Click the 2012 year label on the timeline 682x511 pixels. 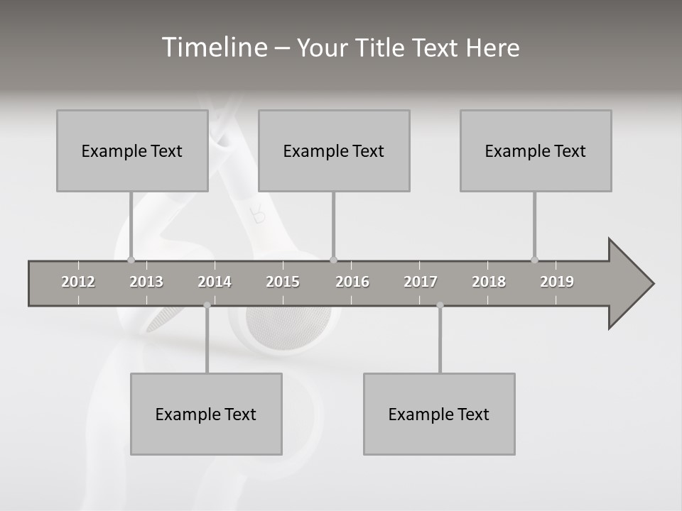(x=78, y=282)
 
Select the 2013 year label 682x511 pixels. (x=146, y=282)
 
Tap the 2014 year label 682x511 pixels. (x=215, y=282)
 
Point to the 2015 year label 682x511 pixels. (x=283, y=282)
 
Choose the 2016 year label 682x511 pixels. (x=352, y=282)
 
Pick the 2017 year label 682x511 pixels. (x=421, y=282)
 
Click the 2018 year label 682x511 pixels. (x=489, y=282)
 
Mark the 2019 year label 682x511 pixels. (x=557, y=282)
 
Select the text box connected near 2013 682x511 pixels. (x=132, y=150)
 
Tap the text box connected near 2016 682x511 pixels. (x=334, y=150)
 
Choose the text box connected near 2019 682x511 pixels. (x=536, y=150)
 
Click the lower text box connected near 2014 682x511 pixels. (x=206, y=414)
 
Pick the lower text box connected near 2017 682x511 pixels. (x=439, y=414)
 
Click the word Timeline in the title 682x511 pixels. (x=213, y=47)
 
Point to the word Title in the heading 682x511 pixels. (x=381, y=48)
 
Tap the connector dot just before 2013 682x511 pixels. (x=131, y=260)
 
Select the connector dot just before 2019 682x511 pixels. (x=534, y=260)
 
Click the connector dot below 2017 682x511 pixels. (x=440, y=305)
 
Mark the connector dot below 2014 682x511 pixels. (x=207, y=305)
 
